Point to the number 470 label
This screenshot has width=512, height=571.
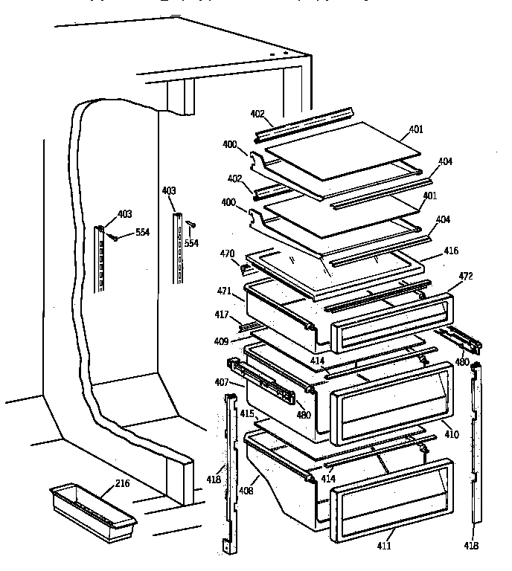click(228, 254)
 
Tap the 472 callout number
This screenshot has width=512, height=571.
click(467, 277)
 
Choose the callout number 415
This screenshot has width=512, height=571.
click(246, 412)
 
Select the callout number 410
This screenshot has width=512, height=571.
click(452, 433)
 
